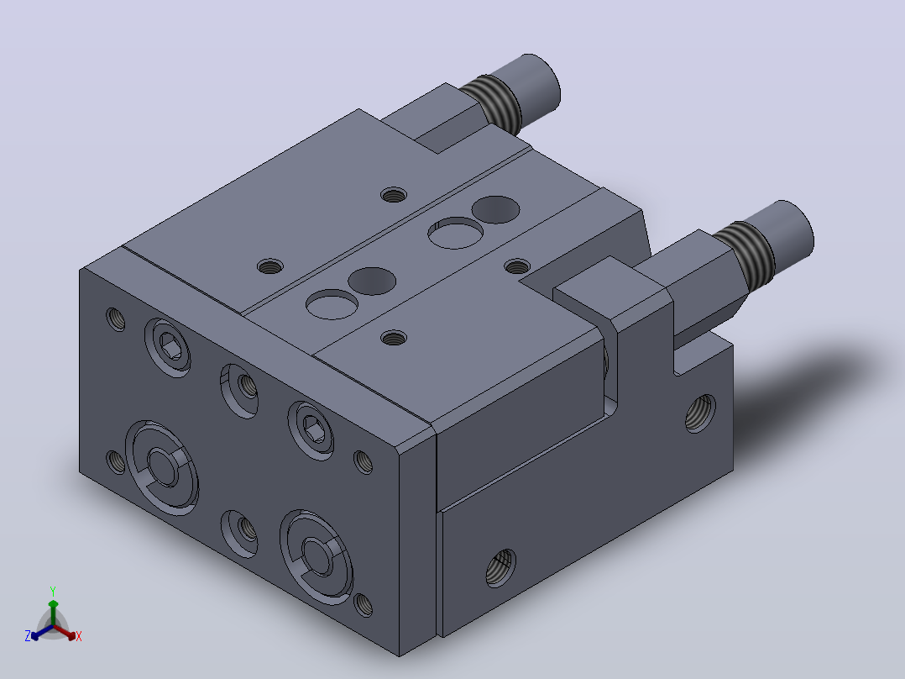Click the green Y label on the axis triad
tap(53, 591)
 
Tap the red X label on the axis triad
tap(79, 636)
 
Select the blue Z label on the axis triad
tap(28, 636)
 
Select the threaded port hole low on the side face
tap(500, 567)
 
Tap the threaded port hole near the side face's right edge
tap(700, 413)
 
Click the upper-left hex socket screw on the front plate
tap(168, 348)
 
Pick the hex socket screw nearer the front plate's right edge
tap(311, 430)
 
